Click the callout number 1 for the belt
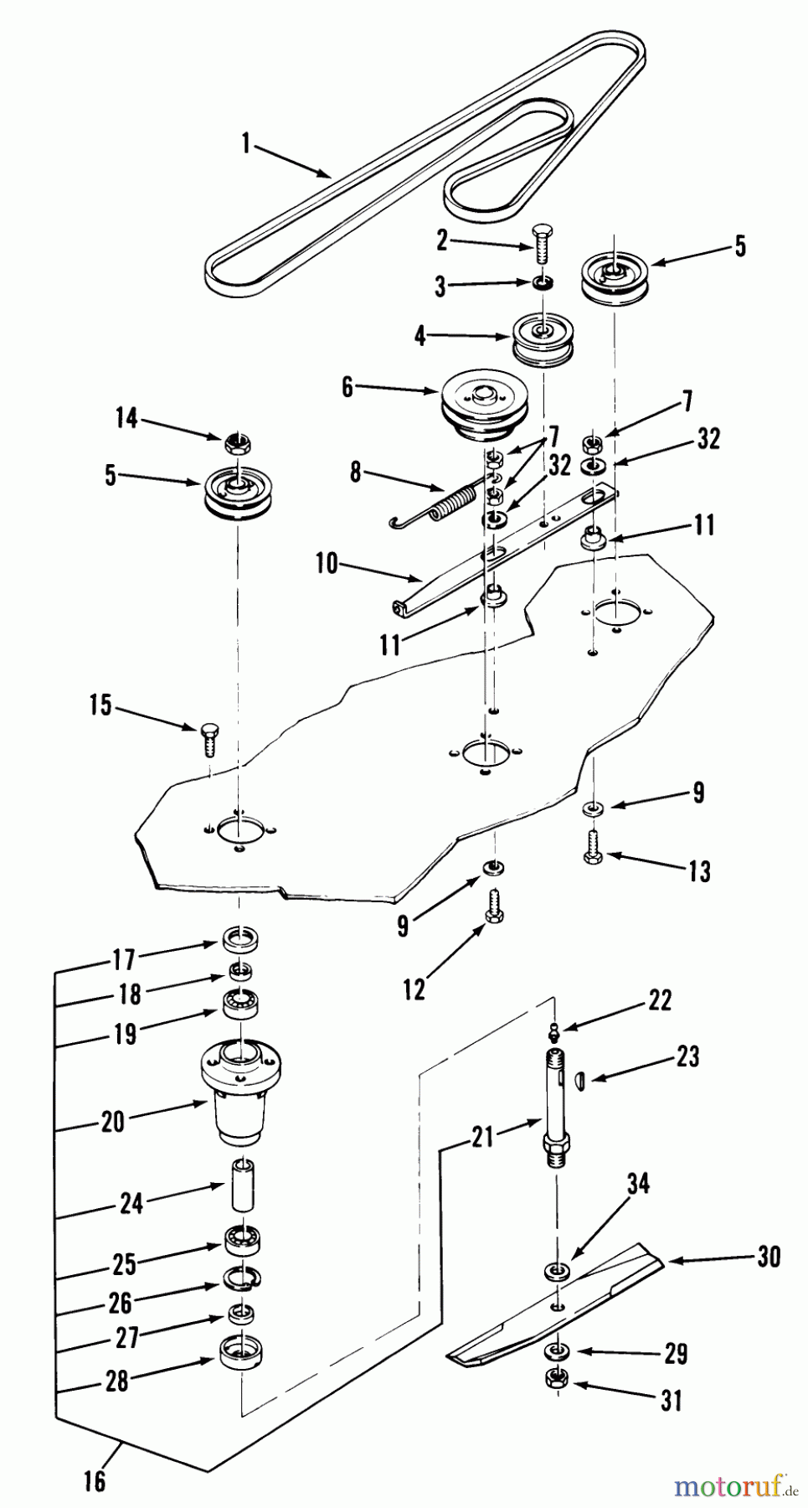click(x=245, y=144)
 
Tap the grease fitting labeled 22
click(x=553, y=1027)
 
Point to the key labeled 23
click(x=584, y=1080)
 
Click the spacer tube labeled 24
click(x=243, y=1184)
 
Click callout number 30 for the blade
click(x=769, y=1257)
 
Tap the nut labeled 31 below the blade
click(x=554, y=1378)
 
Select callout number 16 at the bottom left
click(x=95, y=1480)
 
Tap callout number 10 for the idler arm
click(x=327, y=563)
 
